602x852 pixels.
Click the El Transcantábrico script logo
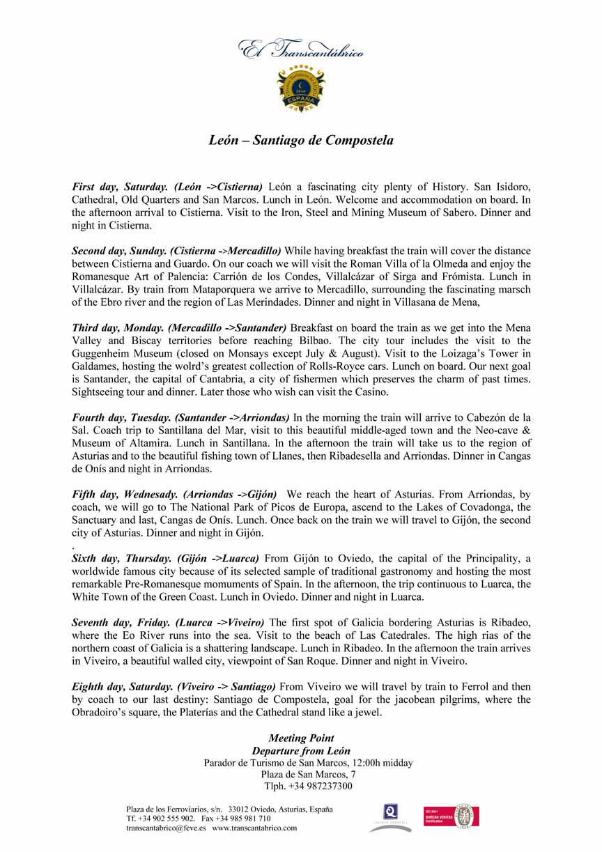[x=301, y=49]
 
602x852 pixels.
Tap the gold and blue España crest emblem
[x=301, y=88]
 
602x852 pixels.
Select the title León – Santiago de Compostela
[x=301, y=141]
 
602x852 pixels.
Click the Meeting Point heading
[x=301, y=738]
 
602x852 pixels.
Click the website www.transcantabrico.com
[x=254, y=828]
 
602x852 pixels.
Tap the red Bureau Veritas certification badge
[x=451, y=816]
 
